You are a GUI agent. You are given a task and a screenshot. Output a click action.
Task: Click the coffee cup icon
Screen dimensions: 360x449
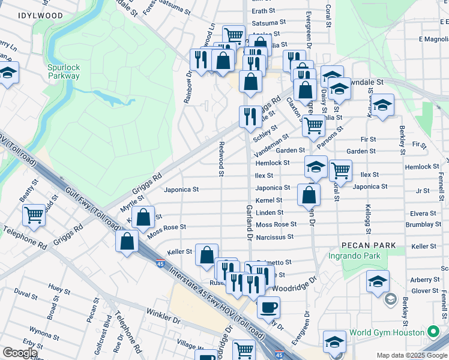268,307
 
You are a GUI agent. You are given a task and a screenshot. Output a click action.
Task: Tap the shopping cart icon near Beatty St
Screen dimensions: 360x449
34,214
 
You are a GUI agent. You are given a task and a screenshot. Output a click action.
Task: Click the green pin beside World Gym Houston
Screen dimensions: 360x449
433,332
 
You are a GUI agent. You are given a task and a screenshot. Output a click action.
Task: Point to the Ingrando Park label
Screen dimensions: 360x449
355,256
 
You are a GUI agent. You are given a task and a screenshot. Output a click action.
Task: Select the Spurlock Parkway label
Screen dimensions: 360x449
64,71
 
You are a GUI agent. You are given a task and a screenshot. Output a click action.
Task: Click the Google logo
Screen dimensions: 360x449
20,352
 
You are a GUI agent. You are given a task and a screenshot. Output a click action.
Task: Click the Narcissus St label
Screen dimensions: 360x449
274,236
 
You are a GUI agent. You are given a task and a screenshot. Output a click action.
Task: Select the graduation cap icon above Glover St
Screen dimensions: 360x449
378,280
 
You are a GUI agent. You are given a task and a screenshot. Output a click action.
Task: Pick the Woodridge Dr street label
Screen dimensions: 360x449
294,285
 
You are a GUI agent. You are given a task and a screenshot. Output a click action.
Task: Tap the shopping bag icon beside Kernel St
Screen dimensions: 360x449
309,194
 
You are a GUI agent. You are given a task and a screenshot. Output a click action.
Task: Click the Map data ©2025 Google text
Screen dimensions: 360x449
411,355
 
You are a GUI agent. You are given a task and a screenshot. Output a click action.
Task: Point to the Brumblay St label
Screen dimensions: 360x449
423,224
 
